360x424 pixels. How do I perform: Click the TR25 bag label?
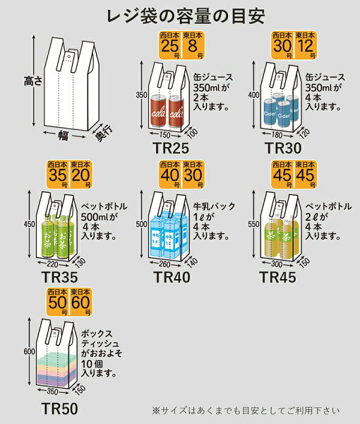click(x=171, y=148)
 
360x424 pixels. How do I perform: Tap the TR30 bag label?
click(x=283, y=148)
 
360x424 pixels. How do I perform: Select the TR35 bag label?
click(x=60, y=277)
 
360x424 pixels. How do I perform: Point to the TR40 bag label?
click(x=172, y=277)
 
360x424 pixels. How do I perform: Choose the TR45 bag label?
click(x=277, y=277)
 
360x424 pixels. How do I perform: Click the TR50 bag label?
click(x=60, y=408)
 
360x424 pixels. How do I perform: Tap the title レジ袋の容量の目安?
click(x=186, y=16)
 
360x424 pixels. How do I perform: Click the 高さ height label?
click(x=33, y=81)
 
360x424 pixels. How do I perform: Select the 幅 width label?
click(x=64, y=135)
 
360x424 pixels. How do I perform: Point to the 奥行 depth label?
click(x=103, y=133)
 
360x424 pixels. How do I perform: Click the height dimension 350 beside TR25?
click(x=141, y=95)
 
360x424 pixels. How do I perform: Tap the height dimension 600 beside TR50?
click(x=29, y=351)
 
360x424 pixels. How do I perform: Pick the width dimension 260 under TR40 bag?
click(x=164, y=264)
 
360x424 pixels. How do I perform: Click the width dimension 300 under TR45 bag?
click(x=277, y=264)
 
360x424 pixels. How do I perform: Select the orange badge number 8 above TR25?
click(x=192, y=46)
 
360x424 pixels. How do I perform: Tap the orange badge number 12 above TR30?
click(x=305, y=46)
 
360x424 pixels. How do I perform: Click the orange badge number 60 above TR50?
click(x=80, y=302)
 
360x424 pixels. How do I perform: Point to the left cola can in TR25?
click(x=158, y=111)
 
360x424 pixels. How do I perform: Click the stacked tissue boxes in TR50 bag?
click(x=56, y=370)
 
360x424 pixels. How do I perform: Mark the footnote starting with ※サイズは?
click(x=246, y=411)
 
